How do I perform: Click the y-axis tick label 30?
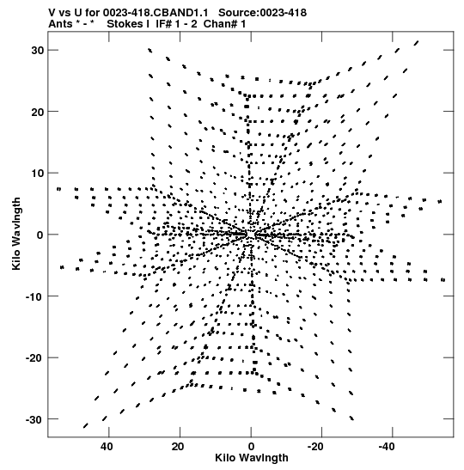coord(38,51)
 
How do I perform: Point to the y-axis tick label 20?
coord(38,112)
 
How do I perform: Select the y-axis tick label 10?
coord(38,174)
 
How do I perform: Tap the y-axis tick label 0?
coord(40,235)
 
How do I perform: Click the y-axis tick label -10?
coord(34,296)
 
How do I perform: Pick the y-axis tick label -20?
coord(34,358)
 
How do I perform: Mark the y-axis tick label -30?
coord(34,419)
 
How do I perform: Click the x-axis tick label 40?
coord(107,447)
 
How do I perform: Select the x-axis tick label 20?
coord(178,447)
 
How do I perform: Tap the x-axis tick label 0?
coord(251,447)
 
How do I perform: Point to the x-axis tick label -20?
coord(315,447)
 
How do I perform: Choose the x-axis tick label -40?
coord(387,447)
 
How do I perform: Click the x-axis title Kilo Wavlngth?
coord(252,458)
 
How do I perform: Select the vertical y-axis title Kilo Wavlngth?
coord(16,234)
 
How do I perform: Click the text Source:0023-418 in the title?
coord(262,13)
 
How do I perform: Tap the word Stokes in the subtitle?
coord(125,24)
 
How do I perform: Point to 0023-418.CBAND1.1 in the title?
coord(156,13)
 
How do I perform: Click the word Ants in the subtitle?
coord(60,24)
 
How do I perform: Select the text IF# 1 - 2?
coord(176,24)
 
